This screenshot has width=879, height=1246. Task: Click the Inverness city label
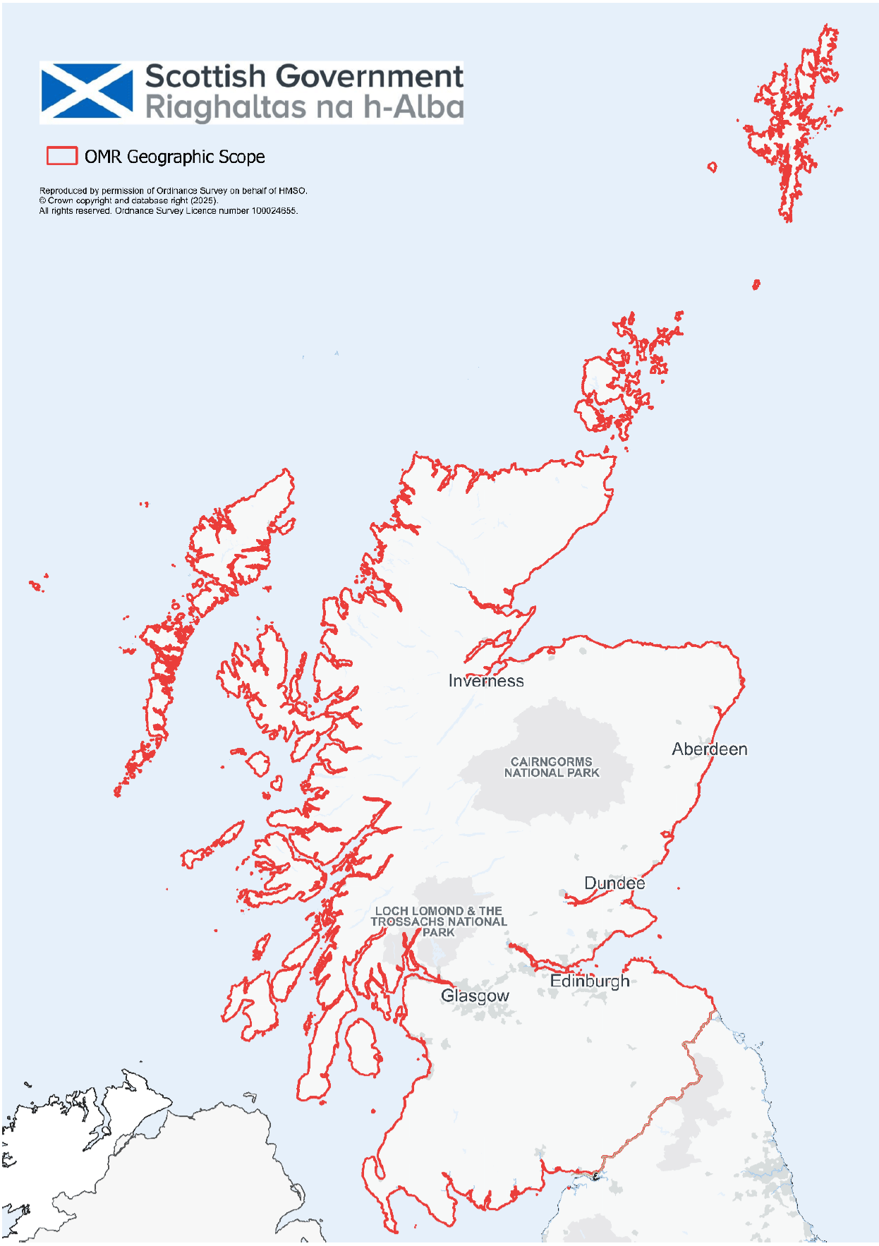pyautogui.click(x=486, y=681)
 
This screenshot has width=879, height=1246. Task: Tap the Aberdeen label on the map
pyautogui.click(x=709, y=749)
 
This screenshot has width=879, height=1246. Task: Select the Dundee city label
pyautogui.click(x=614, y=883)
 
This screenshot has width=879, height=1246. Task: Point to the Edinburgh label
pyautogui.click(x=590, y=981)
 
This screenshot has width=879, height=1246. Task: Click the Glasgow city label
pyautogui.click(x=475, y=996)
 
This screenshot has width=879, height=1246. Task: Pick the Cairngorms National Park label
pyautogui.click(x=552, y=768)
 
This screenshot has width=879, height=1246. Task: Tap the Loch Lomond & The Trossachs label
pyautogui.click(x=439, y=921)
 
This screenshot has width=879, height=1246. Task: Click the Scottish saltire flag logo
pyautogui.click(x=87, y=91)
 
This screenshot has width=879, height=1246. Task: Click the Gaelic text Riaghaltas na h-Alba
pyautogui.click(x=304, y=108)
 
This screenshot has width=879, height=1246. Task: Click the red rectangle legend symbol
pyautogui.click(x=62, y=156)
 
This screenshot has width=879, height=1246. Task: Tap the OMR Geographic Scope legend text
pyautogui.click(x=174, y=157)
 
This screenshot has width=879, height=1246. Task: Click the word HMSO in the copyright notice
pyautogui.click(x=292, y=190)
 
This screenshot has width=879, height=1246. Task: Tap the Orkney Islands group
pyautogui.click(x=621, y=381)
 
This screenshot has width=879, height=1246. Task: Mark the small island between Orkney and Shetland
pyautogui.click(x=756, y=284)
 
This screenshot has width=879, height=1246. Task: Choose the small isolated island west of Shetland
pyautogui.click(x=712, y=167)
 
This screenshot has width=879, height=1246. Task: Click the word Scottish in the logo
pyautogui.click(x=205, y=76)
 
